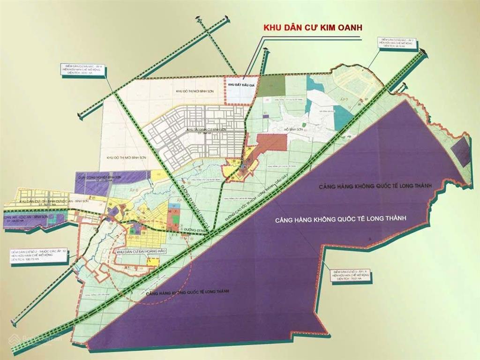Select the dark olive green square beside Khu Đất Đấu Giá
click(272, 85)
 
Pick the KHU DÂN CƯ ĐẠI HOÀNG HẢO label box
click(140, 252)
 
